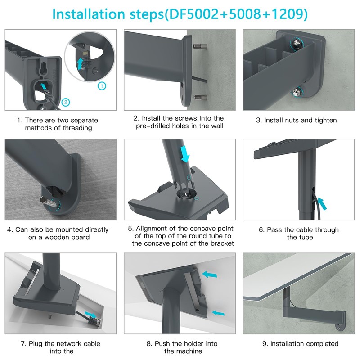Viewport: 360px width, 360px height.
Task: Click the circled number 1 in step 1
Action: (x=102, y=86)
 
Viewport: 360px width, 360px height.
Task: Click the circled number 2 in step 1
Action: (x=66, y=102)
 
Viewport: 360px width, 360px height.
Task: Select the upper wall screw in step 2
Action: (x=200, y=47)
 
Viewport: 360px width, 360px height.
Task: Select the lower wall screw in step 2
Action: (x=200, y=97)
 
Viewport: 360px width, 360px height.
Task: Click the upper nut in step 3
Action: (x=297, y=43)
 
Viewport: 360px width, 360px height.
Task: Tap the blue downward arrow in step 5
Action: (x=184, y=154)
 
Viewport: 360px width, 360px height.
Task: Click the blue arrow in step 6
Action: (x=322, y=204)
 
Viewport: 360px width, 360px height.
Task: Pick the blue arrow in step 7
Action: (x=90, y=314)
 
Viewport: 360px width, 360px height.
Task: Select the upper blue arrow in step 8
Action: (x=209, y=274)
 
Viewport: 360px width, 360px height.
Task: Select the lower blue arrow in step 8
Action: (x=218, y=313)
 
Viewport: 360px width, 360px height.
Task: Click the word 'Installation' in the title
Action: (x=88, y=14)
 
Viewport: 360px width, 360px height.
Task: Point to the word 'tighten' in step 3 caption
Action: (x=325, y=120)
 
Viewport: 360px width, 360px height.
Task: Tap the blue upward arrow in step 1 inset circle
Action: (x=80, y=63)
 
